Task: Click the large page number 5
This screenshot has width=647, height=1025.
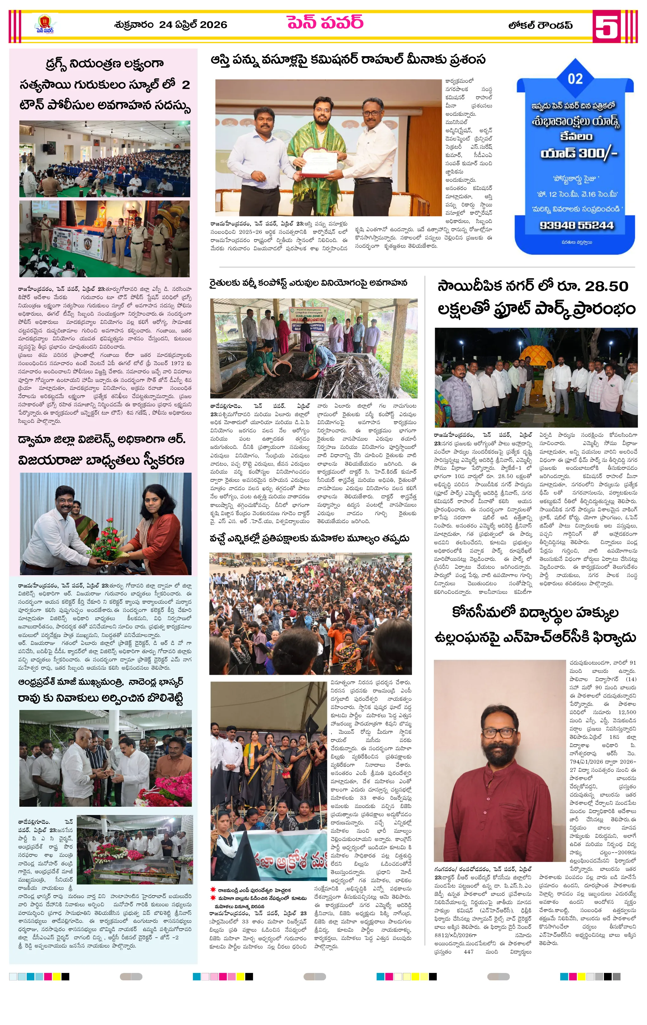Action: tap(606, 26)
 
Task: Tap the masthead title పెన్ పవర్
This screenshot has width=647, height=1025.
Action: tap(325, 23)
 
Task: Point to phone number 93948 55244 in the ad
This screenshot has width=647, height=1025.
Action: tap(577, 225)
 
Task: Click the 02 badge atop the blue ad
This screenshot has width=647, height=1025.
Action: tap(575, 79)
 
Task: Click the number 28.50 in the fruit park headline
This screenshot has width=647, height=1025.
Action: tap(606, 286)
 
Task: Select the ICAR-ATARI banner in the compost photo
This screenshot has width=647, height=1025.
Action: tap(312, 319)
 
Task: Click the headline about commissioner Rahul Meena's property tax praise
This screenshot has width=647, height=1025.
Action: tap(348, 60)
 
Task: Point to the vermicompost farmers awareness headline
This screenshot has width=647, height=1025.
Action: tap(308, 283)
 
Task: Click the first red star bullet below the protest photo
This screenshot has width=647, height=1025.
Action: tap(213, 889)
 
